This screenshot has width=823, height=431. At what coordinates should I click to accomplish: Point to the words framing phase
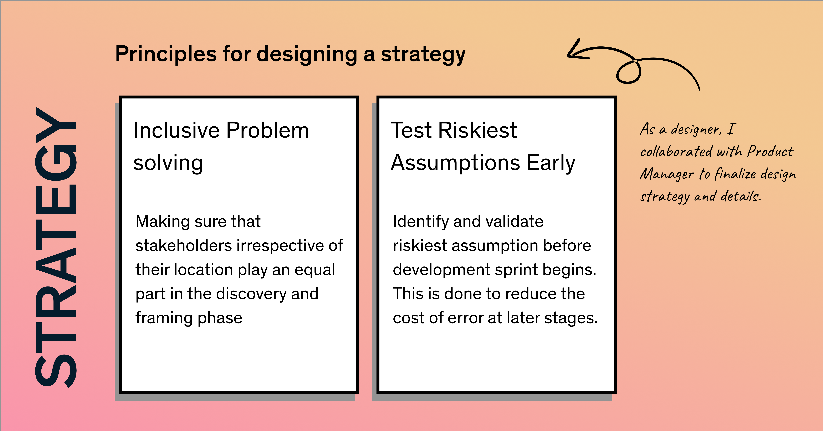coord(189,318)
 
